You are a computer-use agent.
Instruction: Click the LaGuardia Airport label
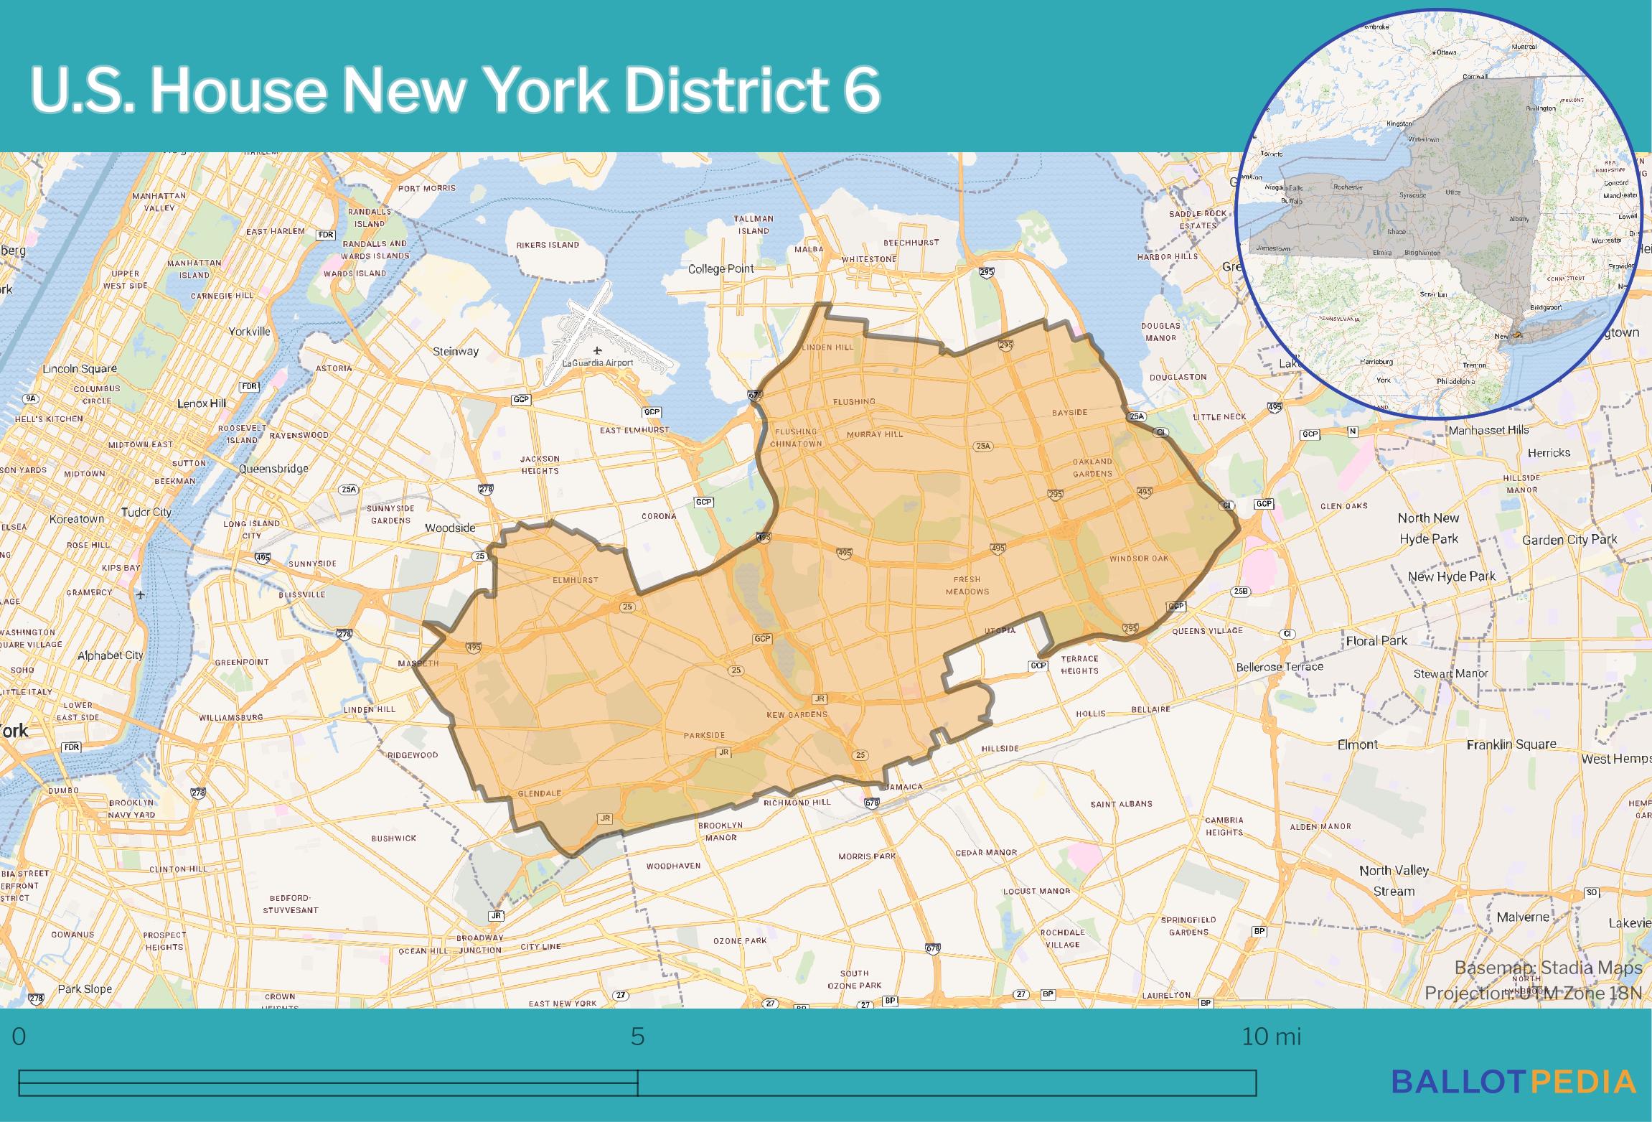(598, 363)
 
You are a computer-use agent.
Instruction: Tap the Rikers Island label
(548, 245)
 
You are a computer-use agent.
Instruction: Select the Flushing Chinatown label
(796, 438)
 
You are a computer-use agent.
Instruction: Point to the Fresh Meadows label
(967, 585)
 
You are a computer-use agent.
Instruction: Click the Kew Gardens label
(797, 714)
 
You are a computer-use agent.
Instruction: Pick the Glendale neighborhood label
(539, 793)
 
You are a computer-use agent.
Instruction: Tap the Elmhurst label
(576, 579)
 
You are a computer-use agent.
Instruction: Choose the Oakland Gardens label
(1092, 467)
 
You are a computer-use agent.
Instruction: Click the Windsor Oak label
(1139, 558)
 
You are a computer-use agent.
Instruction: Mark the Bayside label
(1069, 413)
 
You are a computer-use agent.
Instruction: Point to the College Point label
(721, 269)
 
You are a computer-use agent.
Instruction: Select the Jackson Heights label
(540, 464)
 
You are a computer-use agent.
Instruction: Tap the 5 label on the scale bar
(637, 1037)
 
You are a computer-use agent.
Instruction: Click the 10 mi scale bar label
(1271, 1037)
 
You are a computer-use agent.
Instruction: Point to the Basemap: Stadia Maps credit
(1548, 968)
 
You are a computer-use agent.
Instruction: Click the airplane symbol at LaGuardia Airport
(597, 350)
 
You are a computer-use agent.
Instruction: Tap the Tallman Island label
(754, 225)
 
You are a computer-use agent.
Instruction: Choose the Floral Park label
(1376, 640)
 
